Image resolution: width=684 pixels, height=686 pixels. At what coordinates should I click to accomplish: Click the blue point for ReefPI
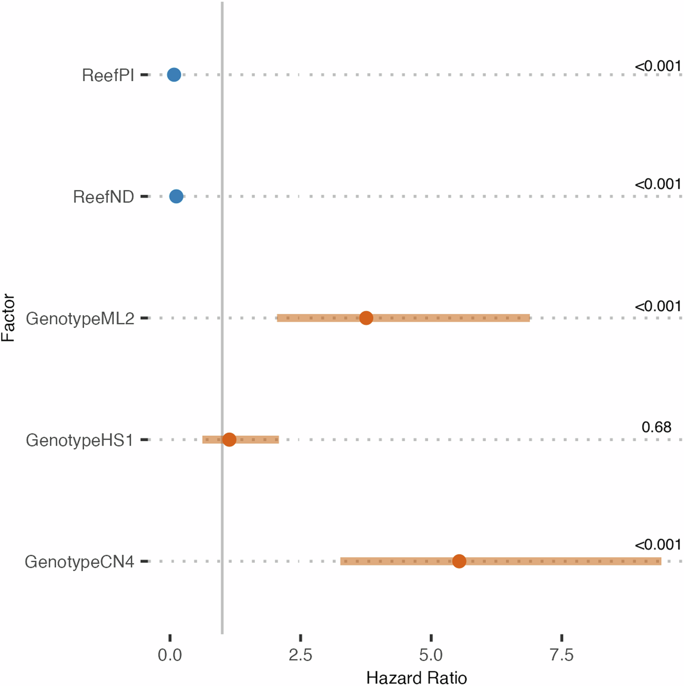pyautogui.click(x=174, y=75)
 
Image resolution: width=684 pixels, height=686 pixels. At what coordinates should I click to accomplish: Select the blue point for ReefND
pyautogui.click(x=176, y=196)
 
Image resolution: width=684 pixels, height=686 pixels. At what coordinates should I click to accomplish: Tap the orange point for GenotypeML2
pyautogui.click(x=366, y=318)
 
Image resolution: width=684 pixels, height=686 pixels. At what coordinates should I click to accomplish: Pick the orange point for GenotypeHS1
pyautogui.click(x=229, y=440)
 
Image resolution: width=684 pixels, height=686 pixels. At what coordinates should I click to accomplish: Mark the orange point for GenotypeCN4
pyautogui.click(x=459, y=561)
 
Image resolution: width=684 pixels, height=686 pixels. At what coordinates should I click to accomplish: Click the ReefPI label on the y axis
pyautogui.click(x=108, y=75)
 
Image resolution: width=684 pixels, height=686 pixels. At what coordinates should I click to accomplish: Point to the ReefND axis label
pyautogui.click(x=103, y=197)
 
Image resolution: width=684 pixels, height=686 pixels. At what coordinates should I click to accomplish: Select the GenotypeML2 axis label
pyautogui.click(x=80, y=318)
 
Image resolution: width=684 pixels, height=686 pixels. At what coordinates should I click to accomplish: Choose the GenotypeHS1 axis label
pyautogui.click(x=80, y=440)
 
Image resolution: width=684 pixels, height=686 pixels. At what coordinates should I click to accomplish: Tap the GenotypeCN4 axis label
pyautogui.click(x=80, y=562)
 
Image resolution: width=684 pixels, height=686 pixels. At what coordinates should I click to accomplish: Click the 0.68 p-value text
pyautogui.click(x=656, y=427)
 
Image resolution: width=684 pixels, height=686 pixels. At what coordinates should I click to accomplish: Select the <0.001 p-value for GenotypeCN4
pyautogui.click(x=658, y=545)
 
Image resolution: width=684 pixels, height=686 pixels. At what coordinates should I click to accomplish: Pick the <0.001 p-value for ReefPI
pyautogui.click(x=658, y=66)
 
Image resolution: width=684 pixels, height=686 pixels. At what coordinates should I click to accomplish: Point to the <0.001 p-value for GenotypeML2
pyautogui.click(x=658, y=306)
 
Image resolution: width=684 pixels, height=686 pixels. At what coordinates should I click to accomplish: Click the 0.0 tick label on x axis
pyautogui.click(x=170, y=655)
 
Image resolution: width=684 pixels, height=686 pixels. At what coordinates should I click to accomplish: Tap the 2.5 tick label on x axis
pyautogui.click(x=300, y=655)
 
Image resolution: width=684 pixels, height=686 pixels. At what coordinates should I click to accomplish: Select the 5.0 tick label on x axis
pyautogui.click(x=431, y=655)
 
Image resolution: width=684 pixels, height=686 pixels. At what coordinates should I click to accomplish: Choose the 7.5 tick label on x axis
pyautogui.click(x=561, y=655)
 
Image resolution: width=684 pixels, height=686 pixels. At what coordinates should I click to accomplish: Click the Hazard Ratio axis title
pyautogui.click(x=416, y=678)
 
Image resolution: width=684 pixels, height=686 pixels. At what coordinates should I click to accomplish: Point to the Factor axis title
pyautogui.click(x=8, y=318)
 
